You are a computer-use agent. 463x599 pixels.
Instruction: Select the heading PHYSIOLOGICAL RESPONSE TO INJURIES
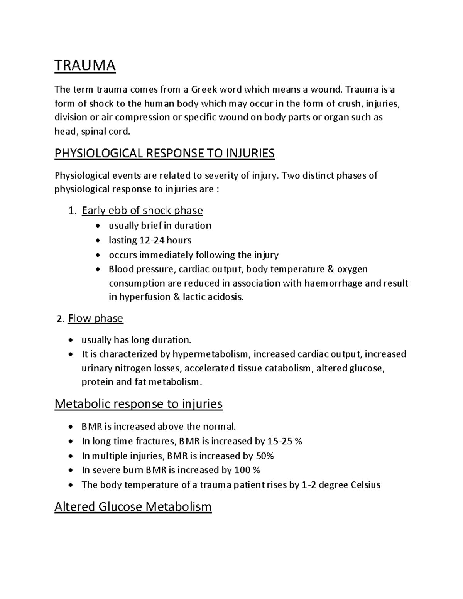coord(164,154)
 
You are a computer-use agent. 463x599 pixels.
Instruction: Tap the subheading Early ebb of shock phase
coord(142,211)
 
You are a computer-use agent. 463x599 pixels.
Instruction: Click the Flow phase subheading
coord(95,319)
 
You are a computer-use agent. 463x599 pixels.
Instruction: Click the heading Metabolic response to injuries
coord(139,404)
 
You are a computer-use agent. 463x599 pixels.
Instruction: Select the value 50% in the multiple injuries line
coord(265,456)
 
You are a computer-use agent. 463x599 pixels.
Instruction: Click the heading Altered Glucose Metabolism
coord(133,506)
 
